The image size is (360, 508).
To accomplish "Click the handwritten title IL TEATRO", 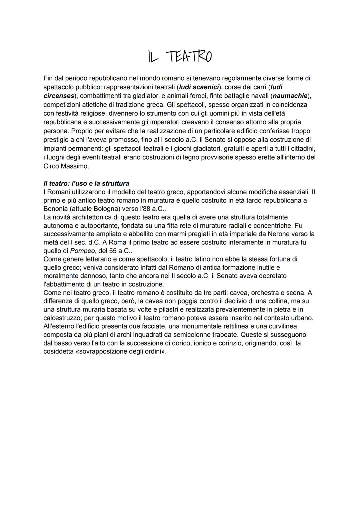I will tap(180, 57).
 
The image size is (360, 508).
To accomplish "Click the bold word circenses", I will tap(59, 96).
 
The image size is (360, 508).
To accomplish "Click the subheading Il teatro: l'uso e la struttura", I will tap(86, 184).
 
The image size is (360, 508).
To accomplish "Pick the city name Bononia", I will tap(56, 209).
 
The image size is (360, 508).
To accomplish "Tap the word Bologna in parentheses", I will tap(107, 209).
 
